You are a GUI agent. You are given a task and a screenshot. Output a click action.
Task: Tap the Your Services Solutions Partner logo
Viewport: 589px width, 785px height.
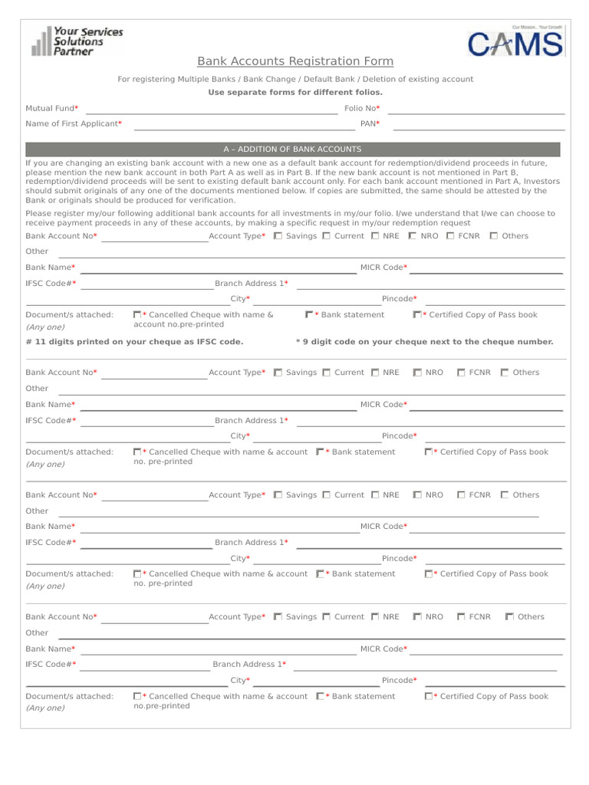pos(77,41)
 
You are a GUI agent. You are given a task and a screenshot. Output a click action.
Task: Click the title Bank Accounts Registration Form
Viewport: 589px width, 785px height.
pos(295,61)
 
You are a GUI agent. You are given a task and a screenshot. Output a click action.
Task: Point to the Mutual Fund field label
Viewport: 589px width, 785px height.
pos(51,109)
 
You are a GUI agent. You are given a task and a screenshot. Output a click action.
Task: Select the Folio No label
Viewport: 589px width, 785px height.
pos(362,109)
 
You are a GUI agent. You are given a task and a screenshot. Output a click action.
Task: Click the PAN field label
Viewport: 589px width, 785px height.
pos(370,123)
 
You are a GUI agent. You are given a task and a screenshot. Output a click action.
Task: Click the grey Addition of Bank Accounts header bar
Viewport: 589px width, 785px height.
pos(292,149)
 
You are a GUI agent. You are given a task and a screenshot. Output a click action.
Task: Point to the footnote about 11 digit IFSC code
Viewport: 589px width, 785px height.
pos(134,342)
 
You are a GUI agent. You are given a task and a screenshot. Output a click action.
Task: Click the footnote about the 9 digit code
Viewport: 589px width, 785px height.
pos(424,342)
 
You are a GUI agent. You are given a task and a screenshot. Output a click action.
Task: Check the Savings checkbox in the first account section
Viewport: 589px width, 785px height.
pos(278,236)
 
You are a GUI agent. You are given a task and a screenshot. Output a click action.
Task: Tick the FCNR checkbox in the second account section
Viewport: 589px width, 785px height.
pos(461,373)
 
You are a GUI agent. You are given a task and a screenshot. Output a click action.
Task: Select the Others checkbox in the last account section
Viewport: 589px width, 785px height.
pos(510,617)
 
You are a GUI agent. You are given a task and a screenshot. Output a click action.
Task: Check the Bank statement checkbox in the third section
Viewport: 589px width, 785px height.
pos(320,574)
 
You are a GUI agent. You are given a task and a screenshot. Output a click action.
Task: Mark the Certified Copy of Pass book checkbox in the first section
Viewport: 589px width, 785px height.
pos(416,315)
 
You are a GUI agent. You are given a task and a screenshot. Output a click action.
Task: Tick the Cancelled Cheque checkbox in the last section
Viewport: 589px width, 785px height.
pos(137,697)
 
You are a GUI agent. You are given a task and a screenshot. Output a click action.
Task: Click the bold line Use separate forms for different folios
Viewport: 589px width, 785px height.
pos(295,93)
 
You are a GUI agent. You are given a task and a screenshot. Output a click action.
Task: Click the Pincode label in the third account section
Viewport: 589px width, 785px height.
pos(400,559)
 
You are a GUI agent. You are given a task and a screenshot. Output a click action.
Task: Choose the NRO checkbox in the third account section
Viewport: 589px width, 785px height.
pos(417,495)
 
